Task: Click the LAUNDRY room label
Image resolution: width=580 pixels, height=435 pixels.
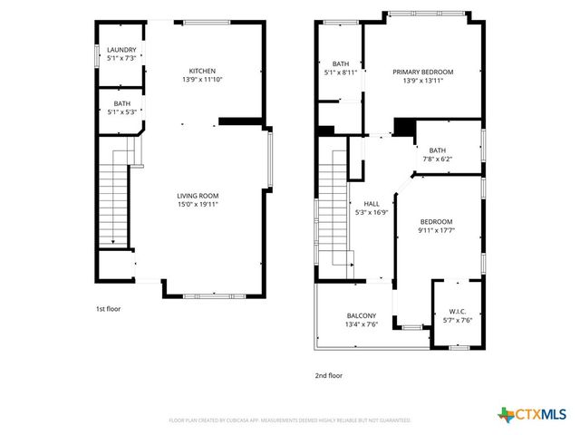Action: pyautogui.click(x=121, y=50)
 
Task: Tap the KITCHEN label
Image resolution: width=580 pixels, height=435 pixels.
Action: pyautogui.click(x=201, y=71)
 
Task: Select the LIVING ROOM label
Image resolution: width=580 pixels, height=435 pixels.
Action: pyautogui.click(x=198, y=196)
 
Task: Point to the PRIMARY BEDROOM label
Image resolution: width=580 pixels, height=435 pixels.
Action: pyautogui.click(x=422, y=72)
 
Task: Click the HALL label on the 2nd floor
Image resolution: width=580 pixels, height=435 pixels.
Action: pyautogui.click(x=372, y=204)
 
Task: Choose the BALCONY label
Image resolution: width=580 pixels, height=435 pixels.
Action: pyautogui.click(x=361, y=315)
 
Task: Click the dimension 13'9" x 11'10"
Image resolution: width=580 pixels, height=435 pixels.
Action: pyautogui.click(x=201, y=80)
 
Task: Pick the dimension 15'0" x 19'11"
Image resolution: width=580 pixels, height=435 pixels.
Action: pyautogui.click(x=198, y=205)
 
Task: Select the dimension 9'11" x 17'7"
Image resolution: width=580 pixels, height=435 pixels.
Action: pyautogui.click(x=436, y=230)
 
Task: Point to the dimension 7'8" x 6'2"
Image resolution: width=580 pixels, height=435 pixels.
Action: pyautogui.click(x=438, y=159)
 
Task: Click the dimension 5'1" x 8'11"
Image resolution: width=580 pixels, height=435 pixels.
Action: pyautogui.click(x=341, y=72)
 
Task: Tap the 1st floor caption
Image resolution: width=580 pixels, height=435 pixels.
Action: pyautogui.click(x=107, y=310)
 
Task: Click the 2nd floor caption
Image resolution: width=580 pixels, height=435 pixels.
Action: pyautogui.click(x=328, y=374)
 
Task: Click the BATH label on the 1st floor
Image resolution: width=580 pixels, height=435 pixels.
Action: pyautogui.click(x=121, y=104)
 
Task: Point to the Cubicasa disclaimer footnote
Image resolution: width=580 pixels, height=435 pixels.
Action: pyautogui.click(x=290, y=420)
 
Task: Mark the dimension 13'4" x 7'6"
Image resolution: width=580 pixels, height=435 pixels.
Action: pyautogui.click(x=361, y=324)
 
